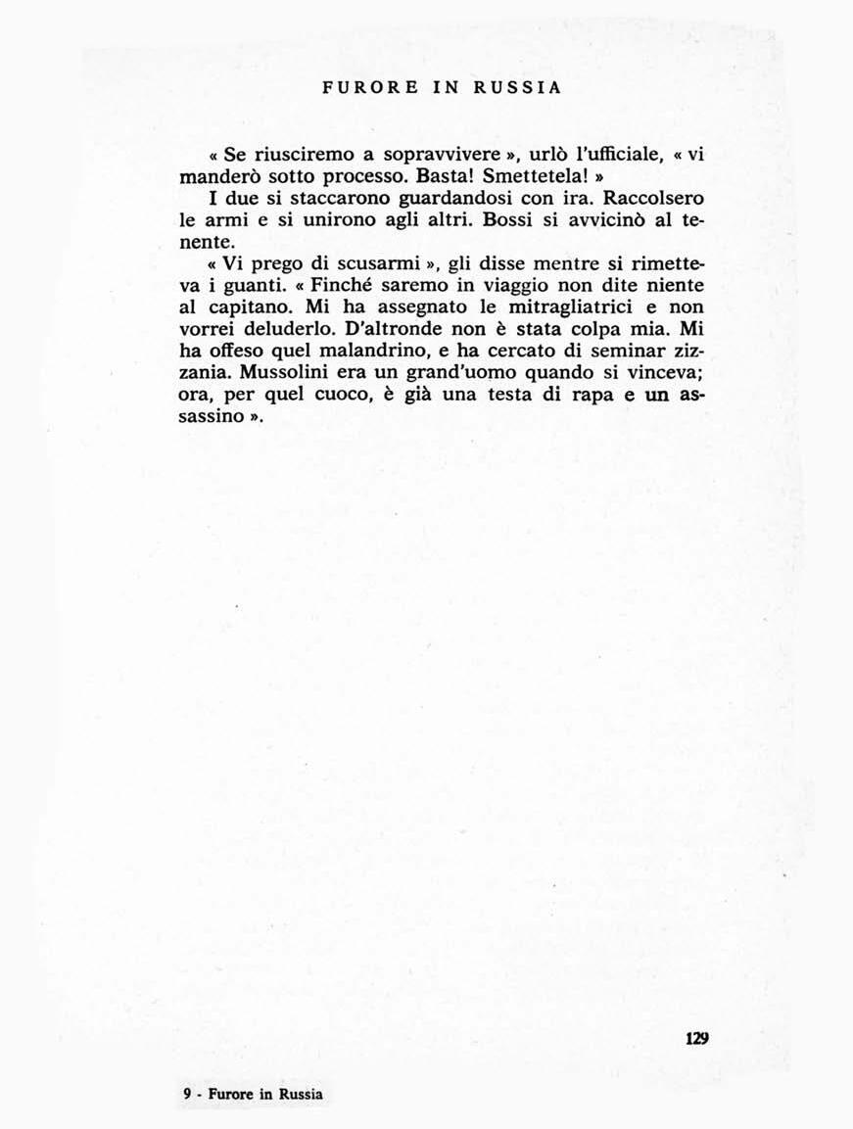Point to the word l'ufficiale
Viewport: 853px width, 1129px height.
579,156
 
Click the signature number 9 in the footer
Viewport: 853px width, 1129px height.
187,1094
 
